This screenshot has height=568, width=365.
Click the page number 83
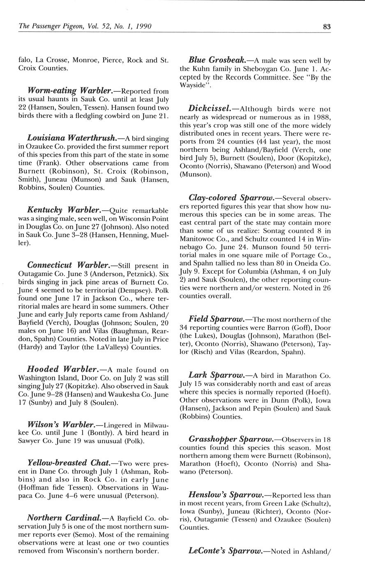[327, 27]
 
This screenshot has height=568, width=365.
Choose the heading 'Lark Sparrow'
[215, 375]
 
